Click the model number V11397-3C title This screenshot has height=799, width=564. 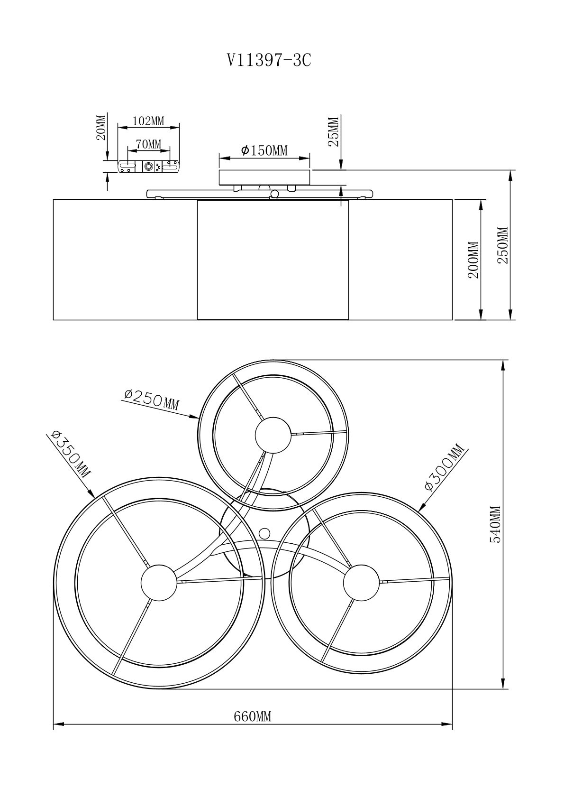coord(269,60)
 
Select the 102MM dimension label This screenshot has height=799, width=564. coord(148,121)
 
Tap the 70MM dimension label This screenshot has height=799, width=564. coord(148,144)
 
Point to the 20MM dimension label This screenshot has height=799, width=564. coord(102,127)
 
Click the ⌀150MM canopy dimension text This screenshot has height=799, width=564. coord(264,150)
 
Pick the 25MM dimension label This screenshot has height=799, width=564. coord(333,132)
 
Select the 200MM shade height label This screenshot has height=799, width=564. coord(473,260)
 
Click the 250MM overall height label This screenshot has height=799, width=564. coord(503,245)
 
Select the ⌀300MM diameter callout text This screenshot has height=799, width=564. coord(445,467)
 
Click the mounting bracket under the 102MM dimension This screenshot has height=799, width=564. coord(148,167)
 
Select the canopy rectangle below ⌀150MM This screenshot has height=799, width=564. coord(264,177)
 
